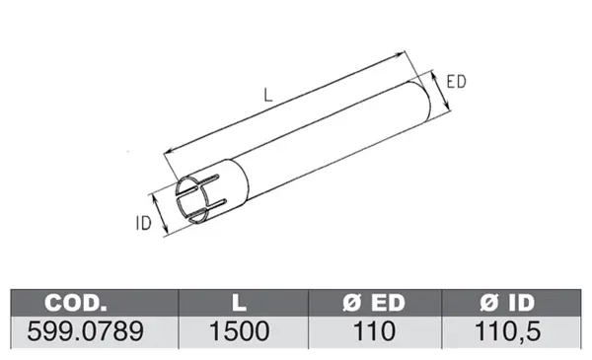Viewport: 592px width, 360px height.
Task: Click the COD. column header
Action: click(76, 302)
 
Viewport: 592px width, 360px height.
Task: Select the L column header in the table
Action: click(239, 302)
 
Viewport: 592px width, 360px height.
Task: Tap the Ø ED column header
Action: click(374, 302)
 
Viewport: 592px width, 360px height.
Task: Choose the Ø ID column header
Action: click(507, 302)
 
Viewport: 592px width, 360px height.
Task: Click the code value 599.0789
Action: click(85, 331)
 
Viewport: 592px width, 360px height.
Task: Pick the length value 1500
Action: click(240, 331)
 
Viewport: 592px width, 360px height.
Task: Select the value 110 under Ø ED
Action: click(374, 331)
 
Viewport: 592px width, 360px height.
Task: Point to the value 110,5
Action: click(507, 331)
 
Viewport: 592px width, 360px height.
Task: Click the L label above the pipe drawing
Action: click(267, 95)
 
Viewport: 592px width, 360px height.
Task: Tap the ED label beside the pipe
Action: click(456, 82)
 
